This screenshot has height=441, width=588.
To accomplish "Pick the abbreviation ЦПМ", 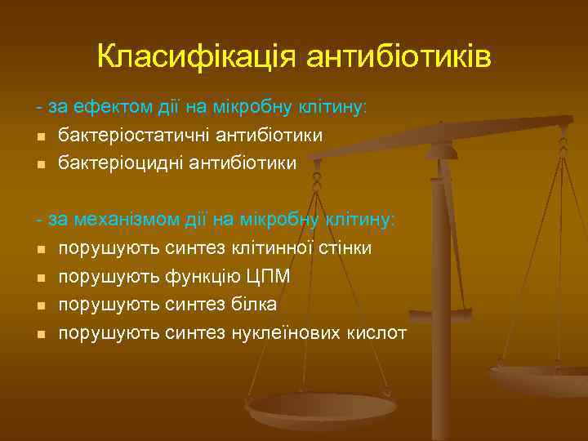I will [267, 277].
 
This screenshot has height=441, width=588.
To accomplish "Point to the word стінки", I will [346, 248].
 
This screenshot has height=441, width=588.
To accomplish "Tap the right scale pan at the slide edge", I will [543, 380].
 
